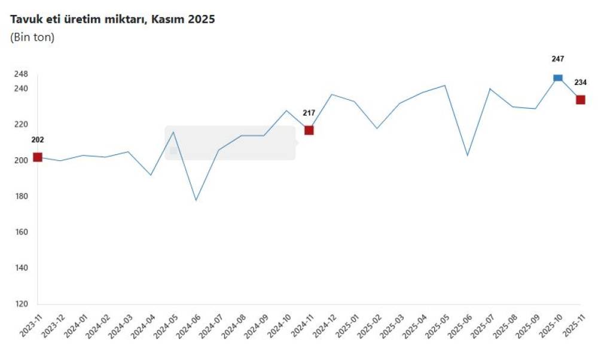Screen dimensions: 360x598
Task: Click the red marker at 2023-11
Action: [x=38, y=157]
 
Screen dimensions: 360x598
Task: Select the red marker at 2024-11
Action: [x=309, y=130]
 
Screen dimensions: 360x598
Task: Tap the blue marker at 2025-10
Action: [x=558, y=78]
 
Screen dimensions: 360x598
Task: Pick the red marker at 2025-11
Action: [x=581, y=100]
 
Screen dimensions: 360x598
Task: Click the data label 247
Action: [x=558, y=59]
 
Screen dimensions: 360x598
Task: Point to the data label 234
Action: [x=581, y=83]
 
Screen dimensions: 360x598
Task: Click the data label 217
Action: [x=309, y=112]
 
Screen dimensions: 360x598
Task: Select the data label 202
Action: [x=38, y=140]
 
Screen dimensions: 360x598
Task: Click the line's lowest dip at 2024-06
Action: [x=196, y=200]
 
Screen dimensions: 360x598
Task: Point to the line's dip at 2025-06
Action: [x=467, y=155]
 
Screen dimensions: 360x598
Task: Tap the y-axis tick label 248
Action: [x=21, y=74]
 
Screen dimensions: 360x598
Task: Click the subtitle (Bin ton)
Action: [x=32, y=37]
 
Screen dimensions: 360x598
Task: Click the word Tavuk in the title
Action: [x=26, y=19]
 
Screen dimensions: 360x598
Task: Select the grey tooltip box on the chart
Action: [x=230, y=143]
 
